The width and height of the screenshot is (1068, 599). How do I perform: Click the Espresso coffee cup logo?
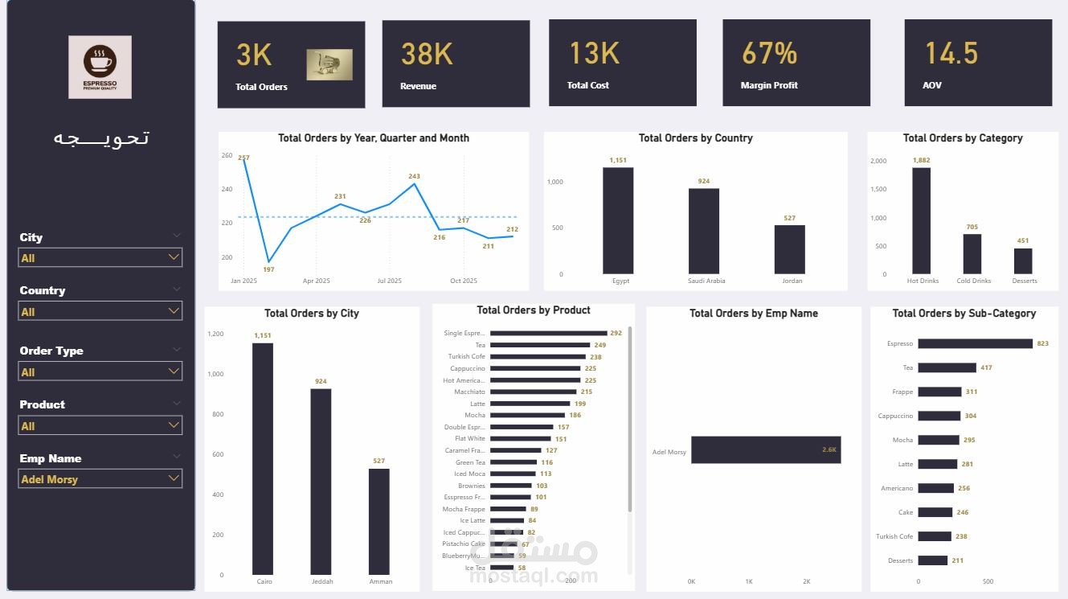point(100,66)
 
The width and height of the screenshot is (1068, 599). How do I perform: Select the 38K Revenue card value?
point(427,54)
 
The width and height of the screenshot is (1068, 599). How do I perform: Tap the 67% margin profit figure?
point(769,53)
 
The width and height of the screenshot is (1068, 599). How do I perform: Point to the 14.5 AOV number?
point(951,53)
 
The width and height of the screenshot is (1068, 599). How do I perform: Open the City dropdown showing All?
point(100,257)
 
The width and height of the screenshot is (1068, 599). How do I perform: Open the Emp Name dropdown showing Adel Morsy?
point(100,479)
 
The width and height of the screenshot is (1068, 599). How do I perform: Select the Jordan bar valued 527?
point(789,249)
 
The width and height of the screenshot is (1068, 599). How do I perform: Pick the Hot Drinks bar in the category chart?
point(921,220)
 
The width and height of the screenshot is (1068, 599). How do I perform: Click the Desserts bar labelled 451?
point(1023,261)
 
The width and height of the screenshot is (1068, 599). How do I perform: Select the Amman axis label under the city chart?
point(380,581)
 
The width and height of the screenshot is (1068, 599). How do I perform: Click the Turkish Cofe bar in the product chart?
point(538,357)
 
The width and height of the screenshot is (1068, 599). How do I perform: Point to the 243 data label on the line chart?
point(414,176)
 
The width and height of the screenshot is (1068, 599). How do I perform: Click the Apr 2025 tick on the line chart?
point(316,281)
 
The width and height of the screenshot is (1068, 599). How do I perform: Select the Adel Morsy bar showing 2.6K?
point(765,450)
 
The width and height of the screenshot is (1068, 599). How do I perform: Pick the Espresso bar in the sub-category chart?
point(975,343)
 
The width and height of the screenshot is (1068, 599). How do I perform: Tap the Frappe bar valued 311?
point(939,392)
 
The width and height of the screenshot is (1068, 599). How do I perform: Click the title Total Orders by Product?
point(533,310)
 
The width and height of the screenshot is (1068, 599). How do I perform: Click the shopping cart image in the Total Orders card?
point(329,64)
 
